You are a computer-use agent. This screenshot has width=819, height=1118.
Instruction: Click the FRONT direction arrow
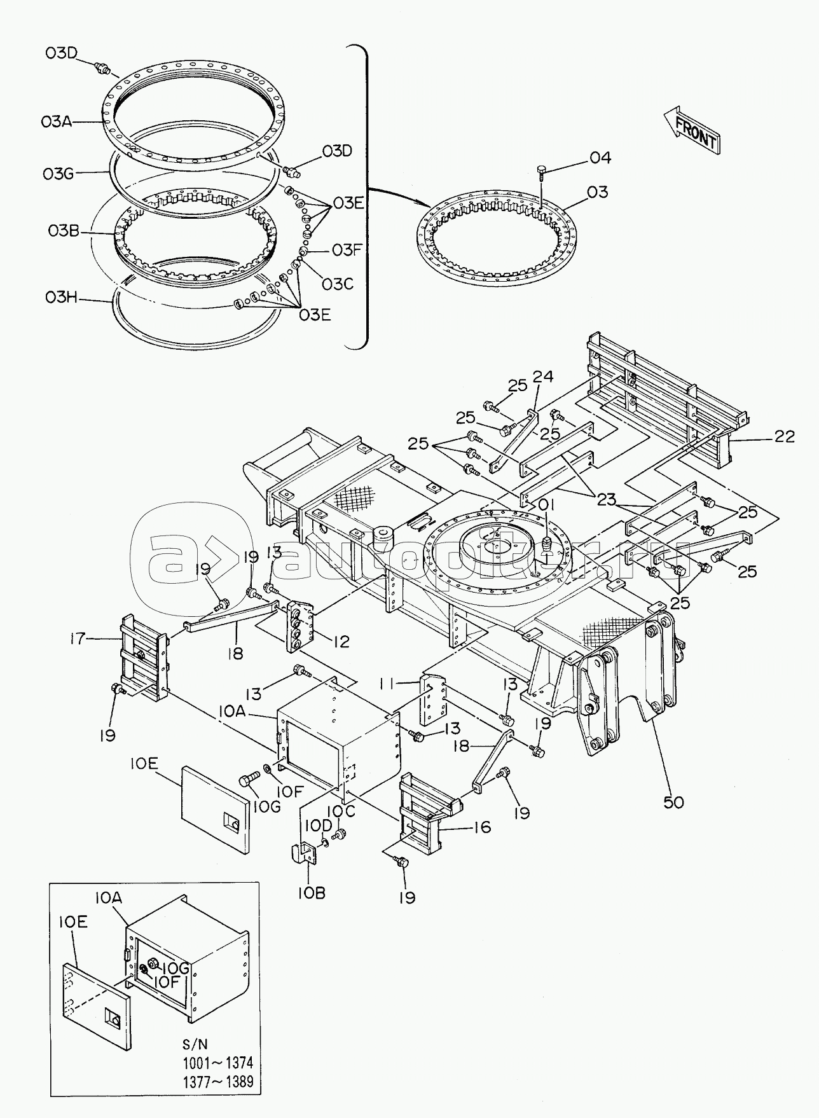click(x=691, y=130)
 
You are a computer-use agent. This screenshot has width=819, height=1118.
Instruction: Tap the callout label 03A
click(x=57, y=121)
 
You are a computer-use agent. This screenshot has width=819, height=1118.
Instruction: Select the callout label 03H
click(x=60, y=298)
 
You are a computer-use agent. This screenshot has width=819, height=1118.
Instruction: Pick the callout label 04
click(x=599, y=158)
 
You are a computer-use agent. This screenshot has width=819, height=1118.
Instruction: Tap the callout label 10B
click(x=310, y=892)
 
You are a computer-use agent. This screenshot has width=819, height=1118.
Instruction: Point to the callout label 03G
click(x=59, y=173)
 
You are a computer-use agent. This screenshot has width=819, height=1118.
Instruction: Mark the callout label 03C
click(x=337, y=284)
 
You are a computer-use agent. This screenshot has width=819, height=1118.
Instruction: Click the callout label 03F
click(x=346, y=250)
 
